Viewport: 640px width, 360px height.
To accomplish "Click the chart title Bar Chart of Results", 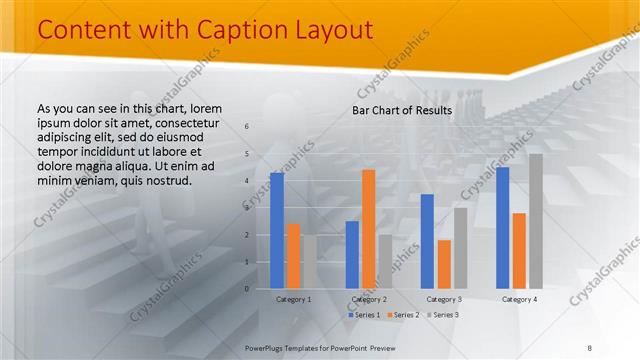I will (x=402, y=110).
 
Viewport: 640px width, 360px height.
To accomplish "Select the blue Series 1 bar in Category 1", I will (x=277, y=231).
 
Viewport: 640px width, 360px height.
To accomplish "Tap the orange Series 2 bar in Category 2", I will (x=368, y=229).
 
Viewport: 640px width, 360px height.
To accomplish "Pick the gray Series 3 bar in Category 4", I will (x=536, y=221).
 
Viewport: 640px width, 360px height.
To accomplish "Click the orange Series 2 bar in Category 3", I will (x=444, y=264).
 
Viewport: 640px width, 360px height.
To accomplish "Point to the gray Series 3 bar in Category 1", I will (x=309, y=262).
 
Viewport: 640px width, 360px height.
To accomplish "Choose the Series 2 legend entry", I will (x=402, y=315).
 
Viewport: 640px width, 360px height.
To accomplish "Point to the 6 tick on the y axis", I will (x=247, y=127).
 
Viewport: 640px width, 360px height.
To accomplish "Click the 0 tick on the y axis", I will (x=247, y=289).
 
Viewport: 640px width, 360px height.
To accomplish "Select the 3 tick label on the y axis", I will (x=247, y=208).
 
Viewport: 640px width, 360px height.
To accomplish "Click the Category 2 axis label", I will (x=369, y=299).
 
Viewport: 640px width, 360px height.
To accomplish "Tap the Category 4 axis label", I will (x=519, y=299).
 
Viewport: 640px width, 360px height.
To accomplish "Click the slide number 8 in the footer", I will (x=589, y=346).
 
